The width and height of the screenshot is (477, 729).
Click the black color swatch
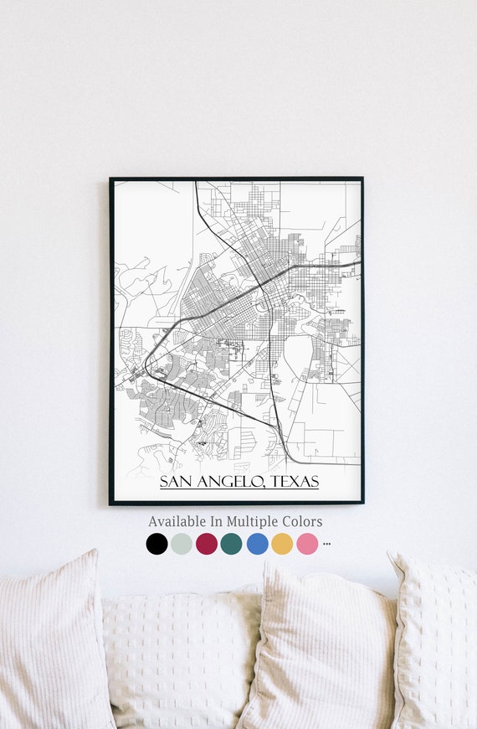pyautogui.click(x=156, y=544)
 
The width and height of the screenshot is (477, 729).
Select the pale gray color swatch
pyautogui.click(x=182, y=544)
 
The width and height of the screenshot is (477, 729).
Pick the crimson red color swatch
pyautogui.click(x=207, y=544)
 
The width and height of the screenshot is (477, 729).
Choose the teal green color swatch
pyautogui.click(x=232, y=544)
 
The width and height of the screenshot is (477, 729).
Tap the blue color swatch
pyautogui.click(x=257, y=544)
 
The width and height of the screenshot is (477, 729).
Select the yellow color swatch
pyautogui.click(x=282, y=544)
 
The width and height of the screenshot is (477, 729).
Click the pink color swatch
pyautogui.click(x=307, y=544)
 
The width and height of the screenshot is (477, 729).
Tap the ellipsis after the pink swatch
pyautogui.click(x=326, y=544)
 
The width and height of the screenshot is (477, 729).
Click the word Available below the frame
pyautogui.click(x=178, y=521)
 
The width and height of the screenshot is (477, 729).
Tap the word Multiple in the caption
pyautogui.click(x=254, y=521)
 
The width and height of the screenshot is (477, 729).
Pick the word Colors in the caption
pyautogui.click(x=302, y=521)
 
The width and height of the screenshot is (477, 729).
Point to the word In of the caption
pyautogui.click(x=218, y=521)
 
